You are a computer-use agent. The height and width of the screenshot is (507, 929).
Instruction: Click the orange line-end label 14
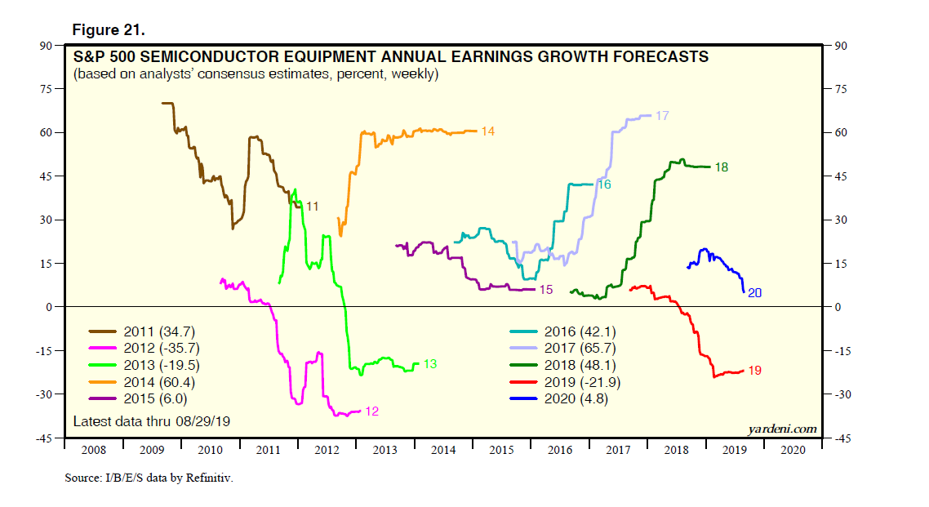click(x=488, y=131)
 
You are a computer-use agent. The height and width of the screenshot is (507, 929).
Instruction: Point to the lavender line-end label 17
click(x=662, y=116)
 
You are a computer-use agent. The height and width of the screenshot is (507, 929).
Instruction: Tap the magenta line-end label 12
click(x=371, y=411)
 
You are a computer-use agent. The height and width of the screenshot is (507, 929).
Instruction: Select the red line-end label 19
click(x=754, y=371)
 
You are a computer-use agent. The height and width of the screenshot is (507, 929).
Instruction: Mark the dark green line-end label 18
click(x=721, y=167)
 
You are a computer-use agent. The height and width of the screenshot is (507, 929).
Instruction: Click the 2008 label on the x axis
click(x=93, y=450)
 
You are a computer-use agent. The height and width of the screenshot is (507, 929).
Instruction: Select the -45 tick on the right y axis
click(x=839, y=438)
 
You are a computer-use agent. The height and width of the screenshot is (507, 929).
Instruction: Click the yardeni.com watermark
click(x=781, y=428)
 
